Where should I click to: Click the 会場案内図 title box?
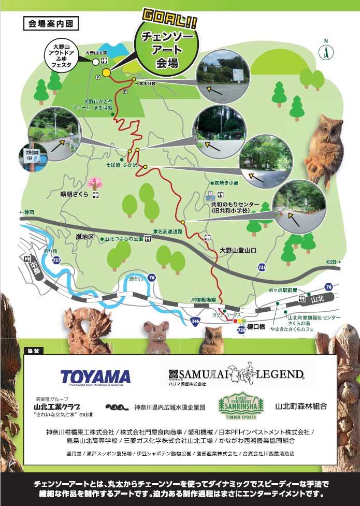click(51, 24)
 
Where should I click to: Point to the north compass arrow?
click(326, 51)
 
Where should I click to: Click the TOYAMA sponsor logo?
click(95, 377)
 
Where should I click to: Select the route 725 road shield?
click(262, 267)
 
